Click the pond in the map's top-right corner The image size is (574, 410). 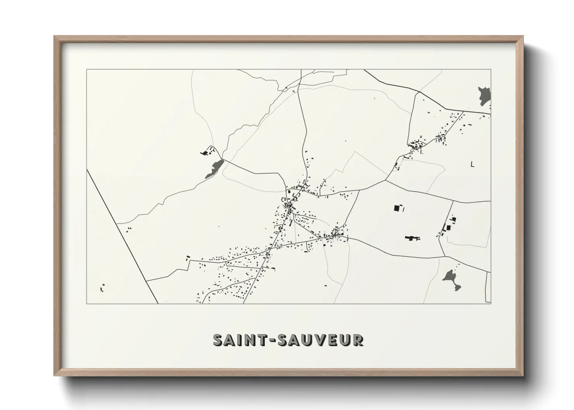tap(485, 95)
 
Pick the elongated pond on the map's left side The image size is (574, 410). tap(214, 169)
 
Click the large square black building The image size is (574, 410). tap(397, 208)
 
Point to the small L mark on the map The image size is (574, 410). tap(472, 164)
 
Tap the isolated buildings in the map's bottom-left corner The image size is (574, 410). tap(102, 288)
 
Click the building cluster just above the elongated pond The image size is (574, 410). tap(206, 152)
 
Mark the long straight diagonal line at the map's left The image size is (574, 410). tap(122, 236)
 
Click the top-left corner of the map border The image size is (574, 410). tap(86, 70)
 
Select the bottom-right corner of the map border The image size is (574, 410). tap(491, 304)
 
